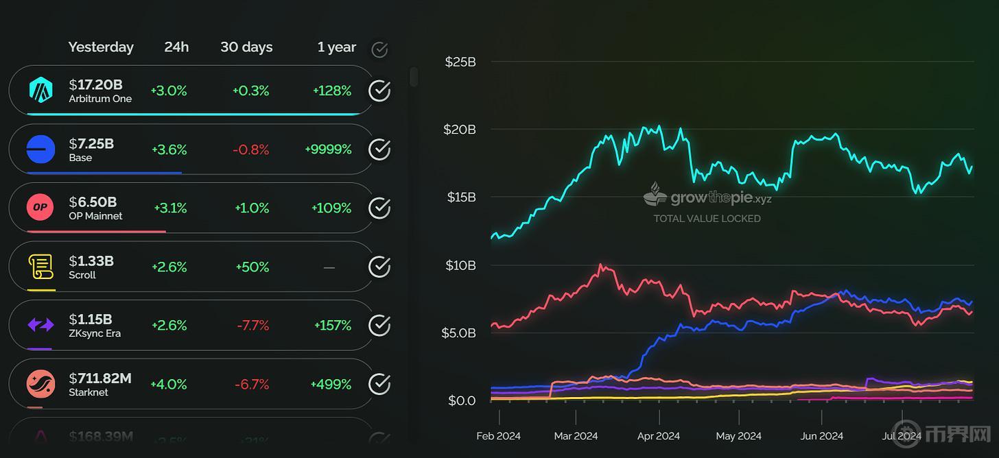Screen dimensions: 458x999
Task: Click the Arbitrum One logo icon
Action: (40, 91)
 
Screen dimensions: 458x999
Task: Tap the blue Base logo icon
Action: (40, 149)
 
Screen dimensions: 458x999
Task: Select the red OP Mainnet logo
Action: (40, 208)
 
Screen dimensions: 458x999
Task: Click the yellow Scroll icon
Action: (40, 267)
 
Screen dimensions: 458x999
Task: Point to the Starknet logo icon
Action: (40, 384)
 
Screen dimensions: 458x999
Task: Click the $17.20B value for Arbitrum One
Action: (95, 84)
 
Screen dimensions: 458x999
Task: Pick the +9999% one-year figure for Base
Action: (328, 149)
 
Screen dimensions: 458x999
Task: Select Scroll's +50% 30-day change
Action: (252, 267)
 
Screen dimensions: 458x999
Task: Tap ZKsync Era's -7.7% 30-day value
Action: (252, 325)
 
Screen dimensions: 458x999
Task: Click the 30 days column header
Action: (246, 47)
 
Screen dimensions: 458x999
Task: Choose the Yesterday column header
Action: (101, 47)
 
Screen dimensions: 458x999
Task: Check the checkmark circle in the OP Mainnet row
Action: (379, 208)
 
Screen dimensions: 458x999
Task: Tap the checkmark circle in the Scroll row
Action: (379, 267)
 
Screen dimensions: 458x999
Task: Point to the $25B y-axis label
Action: (460, 62)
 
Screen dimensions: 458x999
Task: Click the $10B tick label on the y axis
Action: (460, 265)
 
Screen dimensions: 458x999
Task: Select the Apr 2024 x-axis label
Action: (659, 436)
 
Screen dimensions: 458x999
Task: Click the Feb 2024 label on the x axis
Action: (499, 436)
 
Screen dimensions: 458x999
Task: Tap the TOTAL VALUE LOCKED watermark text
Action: (707, 219)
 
